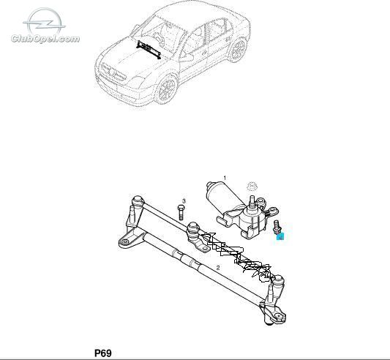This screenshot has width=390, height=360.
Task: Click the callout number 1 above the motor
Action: point(225,178)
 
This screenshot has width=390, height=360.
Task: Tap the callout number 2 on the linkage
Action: point(218,268)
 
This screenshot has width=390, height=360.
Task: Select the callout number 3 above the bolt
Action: point(184,200)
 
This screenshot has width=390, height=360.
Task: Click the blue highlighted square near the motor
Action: point(280,236)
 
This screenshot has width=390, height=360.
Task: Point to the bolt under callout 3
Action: point(181,212)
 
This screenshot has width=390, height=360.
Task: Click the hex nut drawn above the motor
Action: point(252,186)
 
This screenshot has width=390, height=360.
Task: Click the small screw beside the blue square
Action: point(276,227)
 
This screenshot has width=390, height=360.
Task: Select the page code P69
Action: point(103,353)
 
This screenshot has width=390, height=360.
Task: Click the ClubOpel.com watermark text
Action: point(45,39)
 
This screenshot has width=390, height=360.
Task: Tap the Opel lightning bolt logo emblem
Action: point(45,22)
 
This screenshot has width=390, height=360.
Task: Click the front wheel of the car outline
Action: point(167,89)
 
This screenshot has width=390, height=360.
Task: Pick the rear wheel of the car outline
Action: point(238,50)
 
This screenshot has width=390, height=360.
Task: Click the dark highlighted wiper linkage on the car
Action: point(149,50)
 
